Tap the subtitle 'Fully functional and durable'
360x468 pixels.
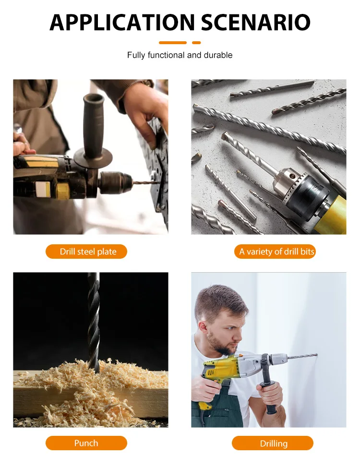coord(180,55)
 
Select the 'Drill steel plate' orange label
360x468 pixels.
coord(86,252)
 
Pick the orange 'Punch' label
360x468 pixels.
coord(86,443)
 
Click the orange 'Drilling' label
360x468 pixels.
coord(273,443)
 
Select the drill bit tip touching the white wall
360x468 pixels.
coord(314,355)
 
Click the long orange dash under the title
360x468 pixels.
coord(172,43)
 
